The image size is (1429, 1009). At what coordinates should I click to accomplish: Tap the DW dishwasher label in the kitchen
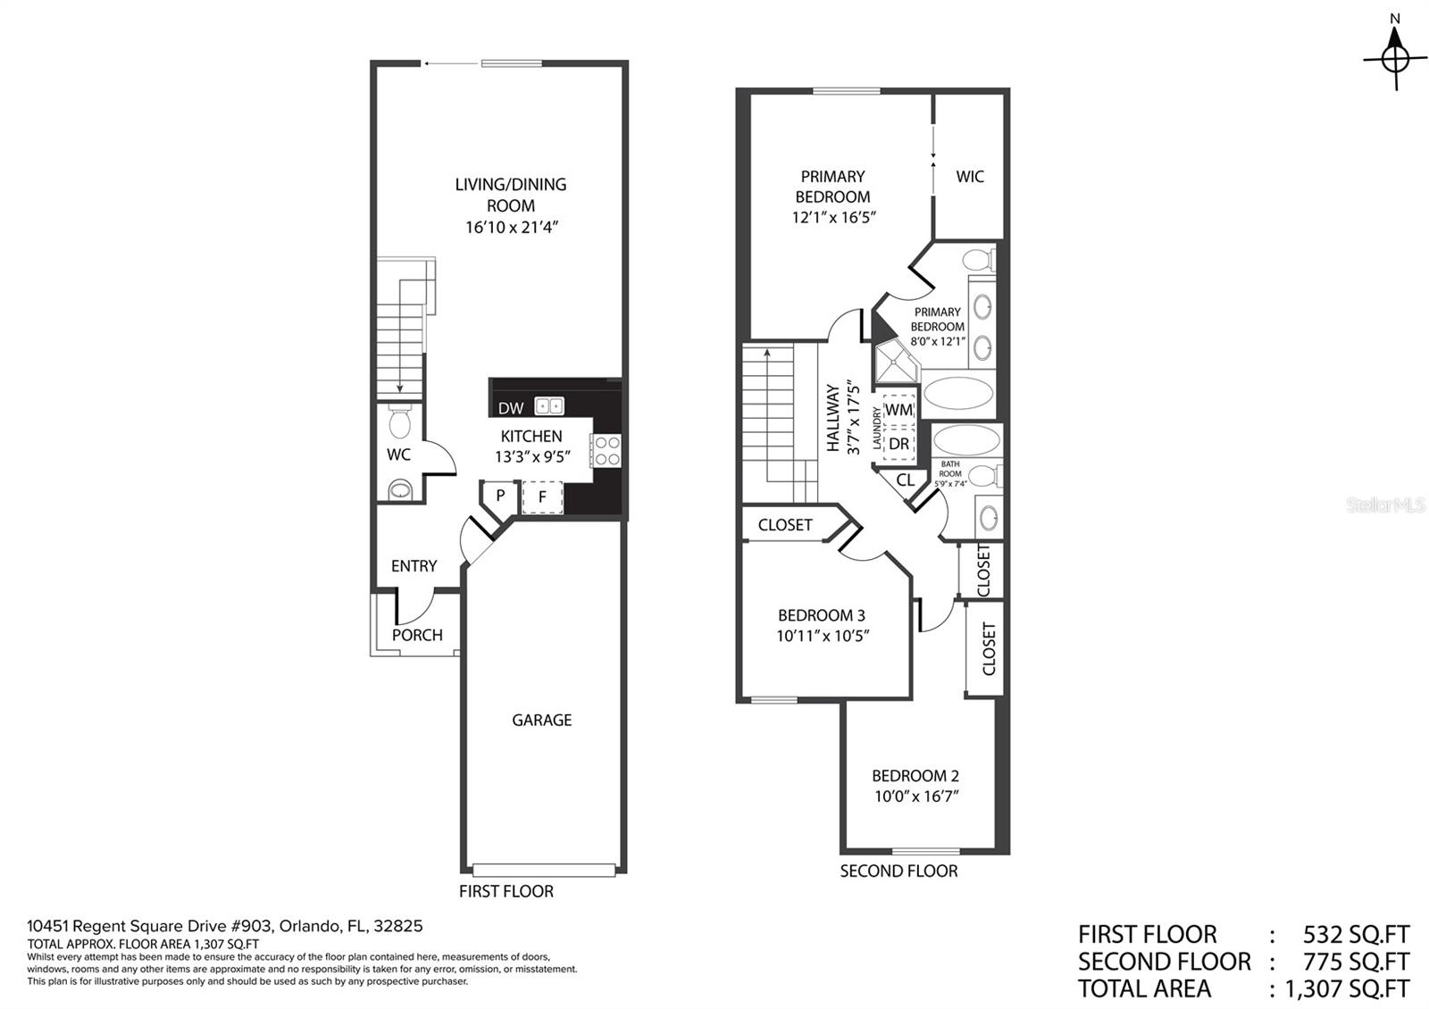[x=511, y=408]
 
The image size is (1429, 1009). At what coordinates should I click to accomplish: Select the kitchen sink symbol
[x=549, y=406]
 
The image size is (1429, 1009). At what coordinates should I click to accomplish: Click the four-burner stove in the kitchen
[x=606, y=450]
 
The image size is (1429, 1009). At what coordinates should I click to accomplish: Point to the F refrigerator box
[x=542, y=496]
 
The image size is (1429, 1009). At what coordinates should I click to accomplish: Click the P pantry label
[x=500, y=495]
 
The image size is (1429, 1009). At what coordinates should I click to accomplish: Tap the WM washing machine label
[x=898, y=410]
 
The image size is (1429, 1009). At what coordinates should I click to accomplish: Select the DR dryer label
[x=898, y=443]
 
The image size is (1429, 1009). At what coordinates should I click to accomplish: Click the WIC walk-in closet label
[x=969, y=176]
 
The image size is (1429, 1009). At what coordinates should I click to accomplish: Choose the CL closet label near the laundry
[x=905, y=479]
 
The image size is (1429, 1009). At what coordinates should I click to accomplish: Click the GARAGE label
[x=541, y=720]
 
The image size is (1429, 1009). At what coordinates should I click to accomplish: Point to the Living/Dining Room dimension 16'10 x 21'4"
[x=511, y=227]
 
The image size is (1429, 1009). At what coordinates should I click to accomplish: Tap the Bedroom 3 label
[x=821, y=614]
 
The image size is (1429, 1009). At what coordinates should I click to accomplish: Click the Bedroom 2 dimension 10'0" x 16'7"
[x=915, y=796]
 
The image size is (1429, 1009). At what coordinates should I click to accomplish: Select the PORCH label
[x=417, y=635]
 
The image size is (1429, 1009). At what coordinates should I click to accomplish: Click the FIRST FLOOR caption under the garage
[x=506, y=891]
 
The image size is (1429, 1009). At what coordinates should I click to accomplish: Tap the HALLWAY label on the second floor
[x=833, y=418]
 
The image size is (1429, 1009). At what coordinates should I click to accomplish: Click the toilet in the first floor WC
[x=400, y=420]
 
